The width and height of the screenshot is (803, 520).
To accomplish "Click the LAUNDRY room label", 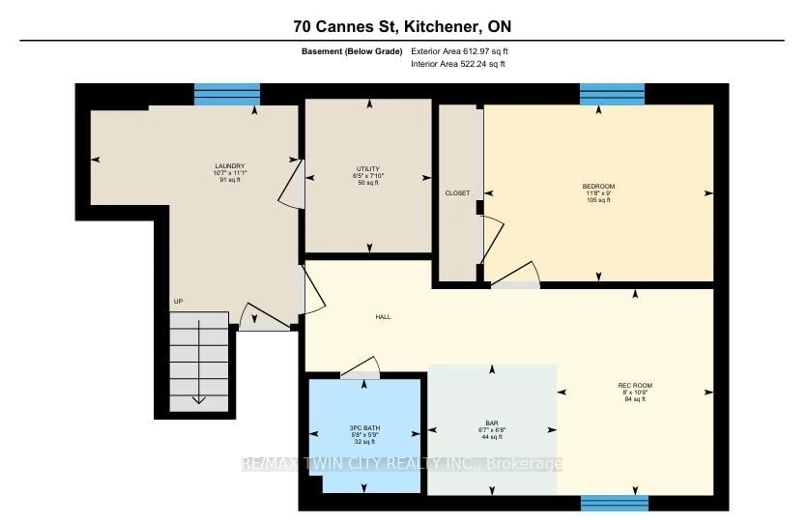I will click(x=230, y=166).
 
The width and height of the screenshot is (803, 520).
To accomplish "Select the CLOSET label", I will click(x=457, y=193).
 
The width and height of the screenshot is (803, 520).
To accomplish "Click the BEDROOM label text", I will click(x=598, y=186).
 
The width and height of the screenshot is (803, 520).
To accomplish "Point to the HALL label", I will click(x=383, y=316).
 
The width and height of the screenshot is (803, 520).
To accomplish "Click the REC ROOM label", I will click(x=635, y=385).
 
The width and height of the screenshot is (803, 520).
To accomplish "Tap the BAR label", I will click(x=492, y=423).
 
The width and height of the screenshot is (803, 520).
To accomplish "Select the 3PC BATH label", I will click(x=364, y=428).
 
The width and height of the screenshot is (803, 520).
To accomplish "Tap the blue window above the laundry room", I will click(x=227, y=95).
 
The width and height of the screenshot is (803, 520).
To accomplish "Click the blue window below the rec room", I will click(x=614, y=503).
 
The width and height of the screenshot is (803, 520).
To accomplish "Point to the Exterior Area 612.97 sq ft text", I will click(x=459, y=51).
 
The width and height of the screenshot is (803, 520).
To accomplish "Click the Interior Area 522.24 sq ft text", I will click(x=458, y=64).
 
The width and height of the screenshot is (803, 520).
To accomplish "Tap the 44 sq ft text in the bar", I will click(x=492, y=437).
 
